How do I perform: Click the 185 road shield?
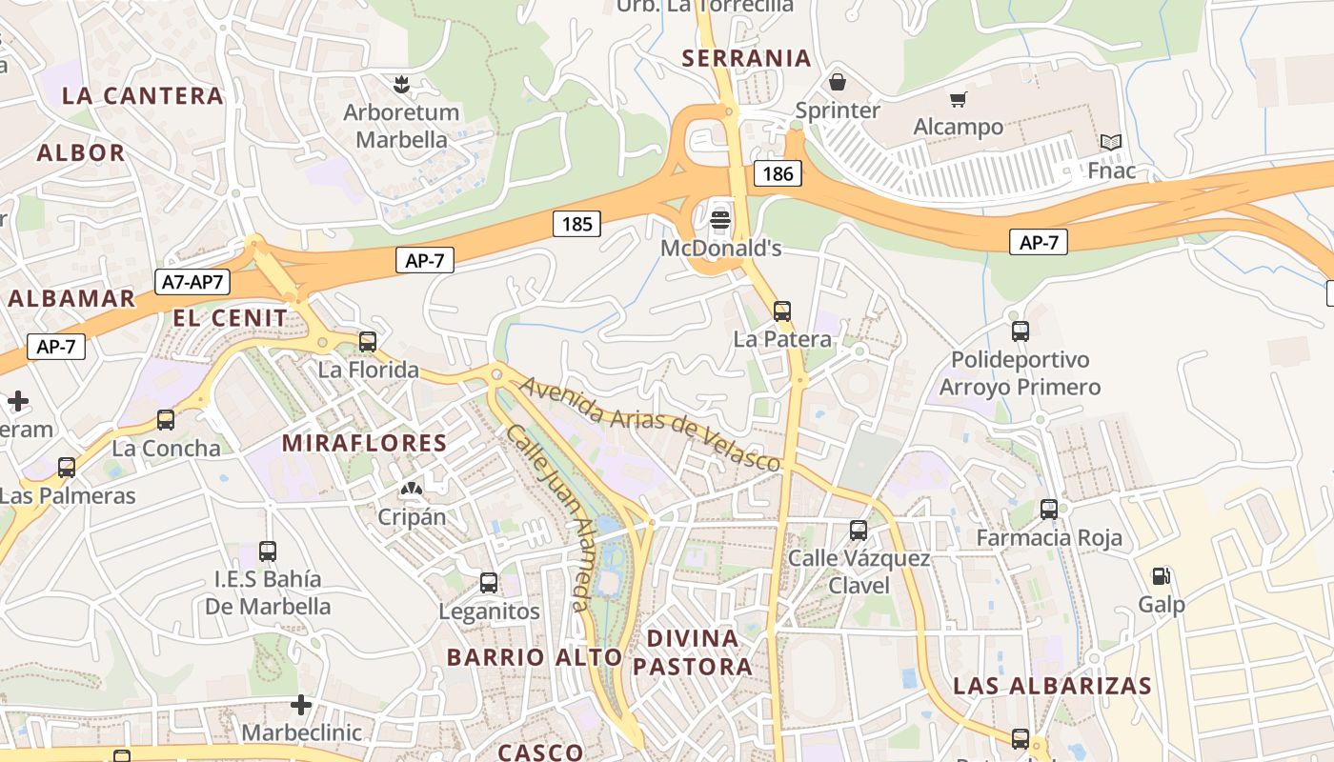coord(576,224)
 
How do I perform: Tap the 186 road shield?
coord(778,173)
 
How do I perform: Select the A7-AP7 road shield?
coord(192,281)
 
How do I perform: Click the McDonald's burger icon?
coord(720,219)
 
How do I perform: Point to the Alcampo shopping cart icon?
coord(958,99)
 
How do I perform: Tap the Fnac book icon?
coord(1111,143)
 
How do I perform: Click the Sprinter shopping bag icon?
coord(838,82)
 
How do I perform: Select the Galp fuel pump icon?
coord(1161,575)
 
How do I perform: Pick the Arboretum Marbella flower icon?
coord(401,84)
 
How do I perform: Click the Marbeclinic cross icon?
coord(301,705)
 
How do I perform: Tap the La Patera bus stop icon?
coord(782,311)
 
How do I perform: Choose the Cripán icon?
coord(412,491)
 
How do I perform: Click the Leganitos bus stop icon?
coord(489,582)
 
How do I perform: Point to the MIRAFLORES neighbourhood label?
coord(364,443)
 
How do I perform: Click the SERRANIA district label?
coord(747,58)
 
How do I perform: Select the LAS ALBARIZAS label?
coord(1052,686)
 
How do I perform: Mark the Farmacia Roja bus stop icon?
coord(1049,510)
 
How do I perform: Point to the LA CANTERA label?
coord(143,95)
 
